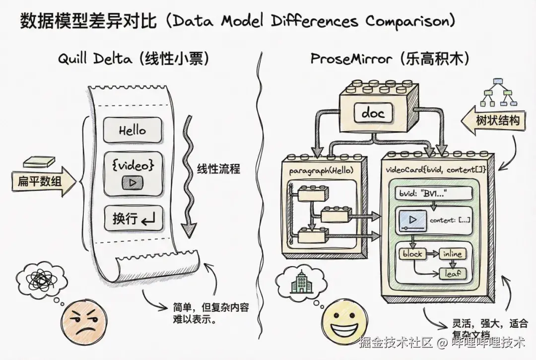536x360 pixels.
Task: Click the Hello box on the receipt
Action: pos(133,130)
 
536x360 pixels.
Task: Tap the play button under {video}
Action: pos(133,182)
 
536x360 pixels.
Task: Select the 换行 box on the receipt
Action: pos(133,219)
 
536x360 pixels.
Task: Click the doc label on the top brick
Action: pos(373,113)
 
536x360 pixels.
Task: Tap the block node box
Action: pos(412,254)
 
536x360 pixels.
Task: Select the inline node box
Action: pos(452,254)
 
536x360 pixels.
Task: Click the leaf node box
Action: pos(453,273)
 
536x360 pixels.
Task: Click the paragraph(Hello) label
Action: pos(321,170)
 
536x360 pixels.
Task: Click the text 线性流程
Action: pos(218,169)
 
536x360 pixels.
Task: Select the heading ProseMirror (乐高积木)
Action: pos(390,59)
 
